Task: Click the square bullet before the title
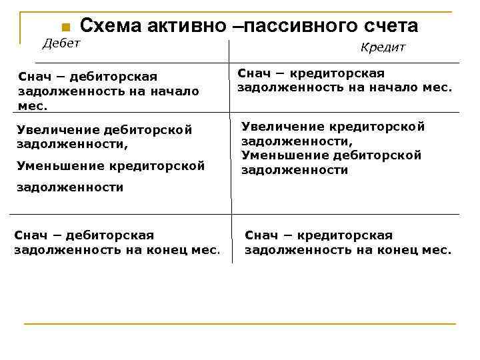tap(65, 27)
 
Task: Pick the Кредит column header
tap(383, 47)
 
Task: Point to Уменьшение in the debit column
tap(57, 165)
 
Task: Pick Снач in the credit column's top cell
tap(251, 73)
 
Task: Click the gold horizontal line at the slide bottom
tap(240, 324)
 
